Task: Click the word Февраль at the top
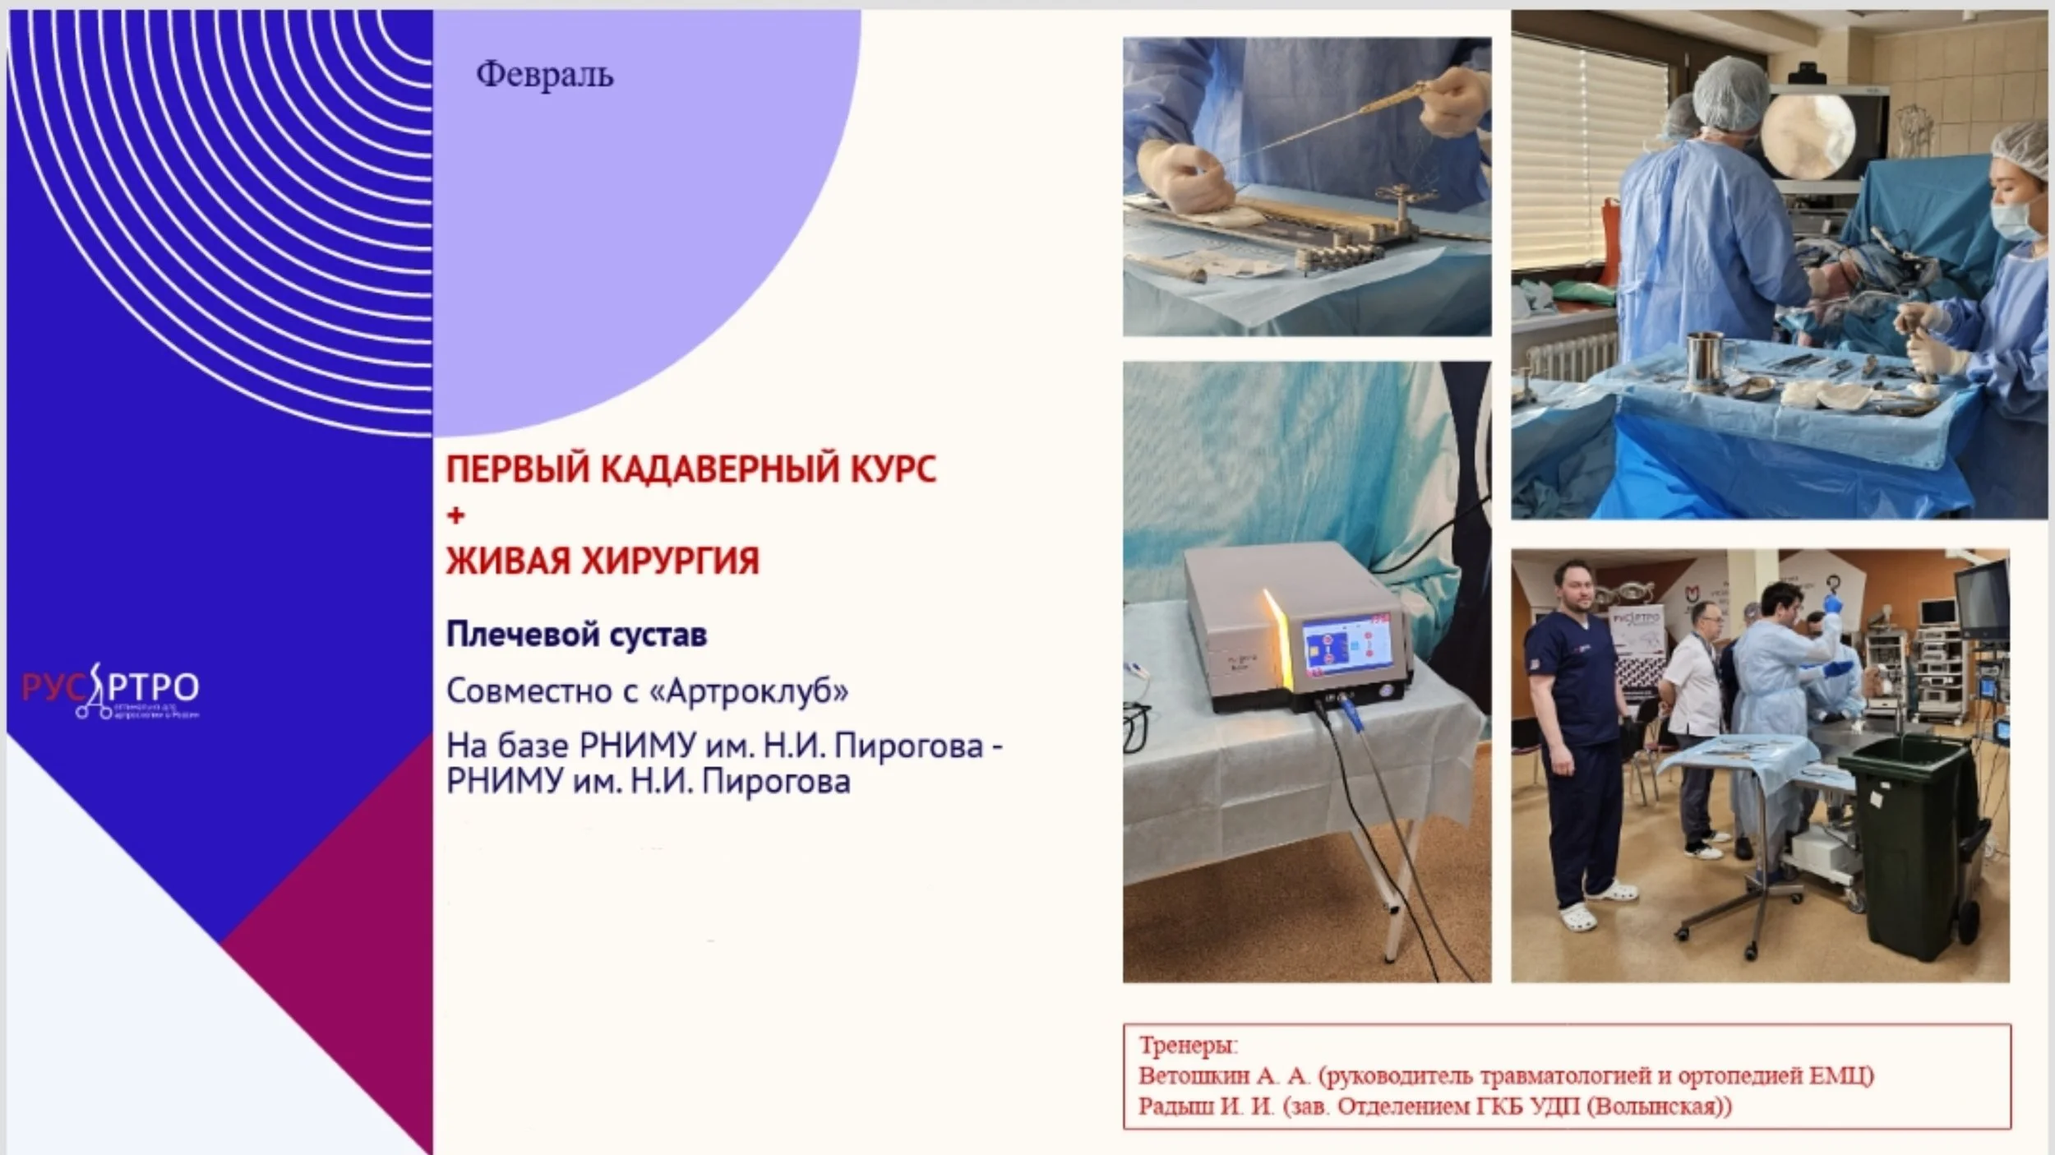(x=544, y=75)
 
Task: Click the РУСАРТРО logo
(x=110, y=689)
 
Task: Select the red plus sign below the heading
(x=455, y=515)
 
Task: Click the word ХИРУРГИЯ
(x=670, y=561)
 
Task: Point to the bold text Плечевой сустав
(x=576, y=635)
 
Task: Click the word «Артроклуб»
(x=749, y=691)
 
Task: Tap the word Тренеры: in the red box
(x=1187, y=1046)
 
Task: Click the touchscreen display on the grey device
(x=1346, y=649)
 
